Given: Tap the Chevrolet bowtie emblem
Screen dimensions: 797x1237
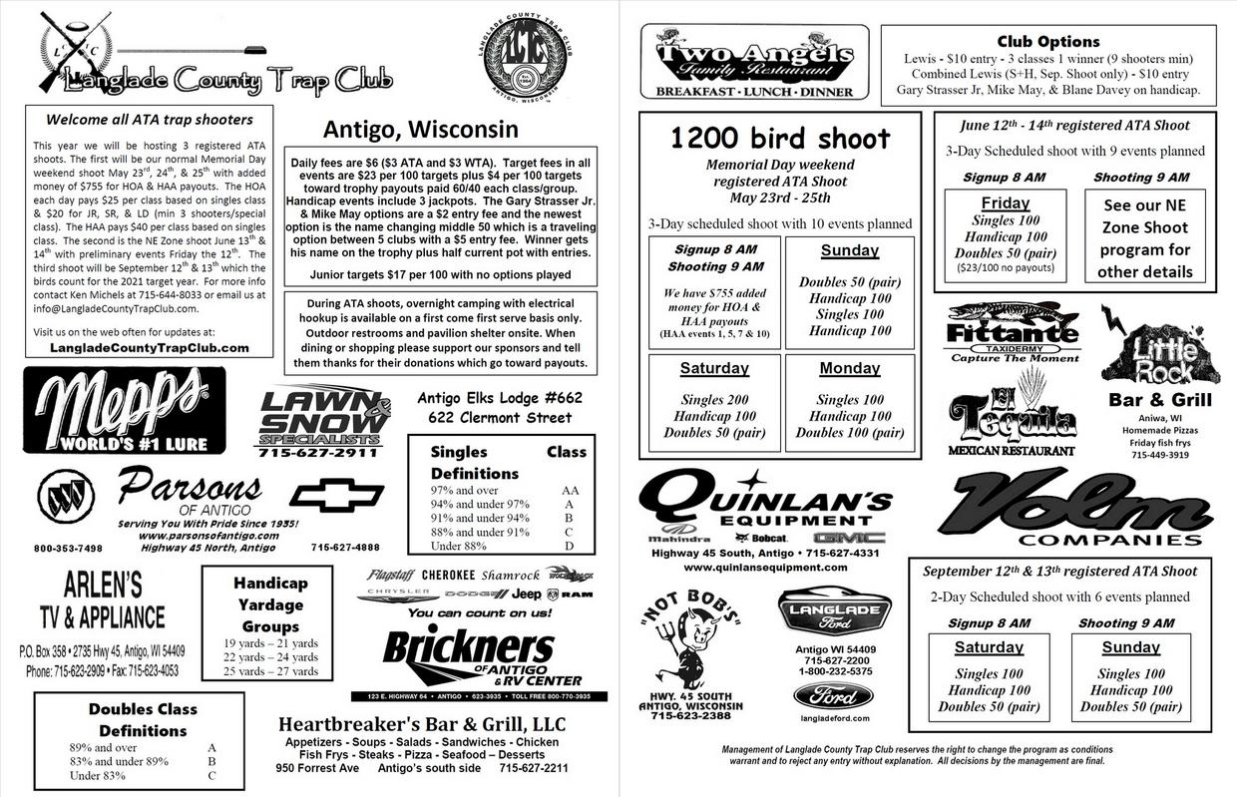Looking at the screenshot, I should point(336,495).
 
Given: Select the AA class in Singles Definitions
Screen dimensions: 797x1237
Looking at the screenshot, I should point(569,491).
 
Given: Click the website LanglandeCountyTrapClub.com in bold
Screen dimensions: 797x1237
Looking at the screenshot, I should point(150,347).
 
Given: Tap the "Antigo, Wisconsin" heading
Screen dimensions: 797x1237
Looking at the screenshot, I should point(420,130).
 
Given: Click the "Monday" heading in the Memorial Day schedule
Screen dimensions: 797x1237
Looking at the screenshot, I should point(849,367).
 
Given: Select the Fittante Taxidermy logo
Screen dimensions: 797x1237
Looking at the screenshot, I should point(1012,330).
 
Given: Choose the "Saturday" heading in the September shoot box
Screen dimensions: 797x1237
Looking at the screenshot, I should point(988,646).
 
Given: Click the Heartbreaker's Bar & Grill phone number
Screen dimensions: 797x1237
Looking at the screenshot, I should point(534,768).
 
